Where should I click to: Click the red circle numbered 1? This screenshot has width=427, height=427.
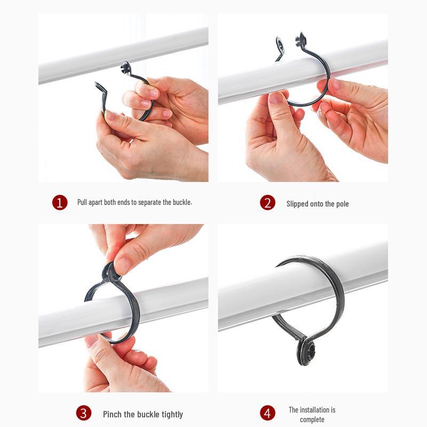tap(60, 203)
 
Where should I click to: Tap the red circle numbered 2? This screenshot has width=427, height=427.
tap(267, 203)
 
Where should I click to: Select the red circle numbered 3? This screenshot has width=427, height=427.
tap(83, 413)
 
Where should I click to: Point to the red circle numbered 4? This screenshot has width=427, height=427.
tap(267, 413)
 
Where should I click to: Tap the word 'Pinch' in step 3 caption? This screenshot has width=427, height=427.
tap(112, 414)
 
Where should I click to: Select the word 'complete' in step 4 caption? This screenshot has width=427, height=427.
tap(312, 420)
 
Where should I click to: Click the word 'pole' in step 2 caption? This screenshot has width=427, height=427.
tap(342, 204)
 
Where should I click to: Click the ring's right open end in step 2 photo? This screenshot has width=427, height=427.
tap(301, 38)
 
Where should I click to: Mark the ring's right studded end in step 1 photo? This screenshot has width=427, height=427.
tap(125, 67)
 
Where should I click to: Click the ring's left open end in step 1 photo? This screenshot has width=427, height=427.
tap(99, 89)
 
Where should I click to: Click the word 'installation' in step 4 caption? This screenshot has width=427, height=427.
tap(319, 410)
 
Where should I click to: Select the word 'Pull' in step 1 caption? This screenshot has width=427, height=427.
tap(83, 202)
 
